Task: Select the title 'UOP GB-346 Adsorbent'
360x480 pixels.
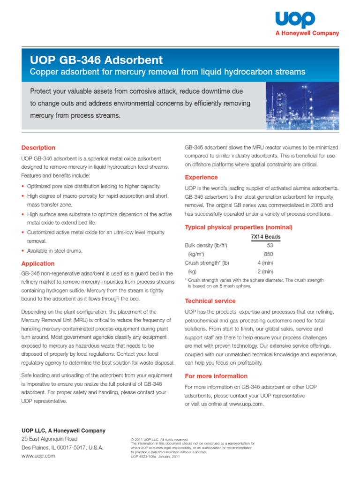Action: click(x=97, y=60)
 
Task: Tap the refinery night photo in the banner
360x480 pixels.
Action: click(x=302, y=105)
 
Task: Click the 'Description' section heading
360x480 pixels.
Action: click(x=38, y=148)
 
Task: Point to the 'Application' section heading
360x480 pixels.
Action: click(x=37, y=263)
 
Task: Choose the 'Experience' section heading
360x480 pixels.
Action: click(x=201, y=177)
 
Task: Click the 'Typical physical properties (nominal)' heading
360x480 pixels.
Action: click(x=239, y=227)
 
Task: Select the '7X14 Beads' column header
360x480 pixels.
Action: click(x=266, y=237)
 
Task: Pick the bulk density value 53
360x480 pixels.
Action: click(x=270, y=245)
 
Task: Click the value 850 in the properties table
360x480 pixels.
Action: click(x=269, y=254)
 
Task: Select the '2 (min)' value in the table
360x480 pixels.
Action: click(x=265, y=271)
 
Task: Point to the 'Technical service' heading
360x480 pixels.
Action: click(x=210, y=301)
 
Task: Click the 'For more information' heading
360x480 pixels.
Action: click(x=216, y=376)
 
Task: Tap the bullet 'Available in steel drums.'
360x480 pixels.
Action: click(x=54, y=251)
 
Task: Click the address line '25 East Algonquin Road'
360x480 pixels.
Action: click(x=50, y=439)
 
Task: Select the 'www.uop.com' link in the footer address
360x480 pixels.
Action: click(x=38, y=456)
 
